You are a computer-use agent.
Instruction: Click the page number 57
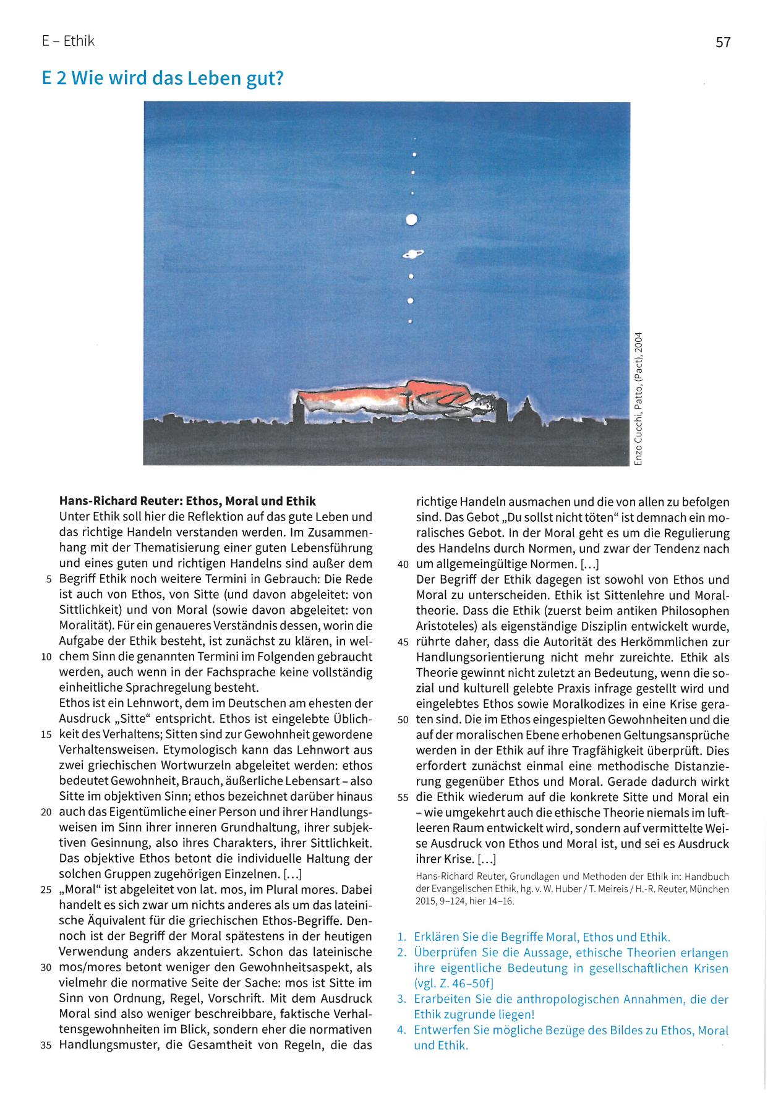(x=723, y=42)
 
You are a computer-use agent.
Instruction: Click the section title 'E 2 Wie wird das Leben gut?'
(x=162, y=79)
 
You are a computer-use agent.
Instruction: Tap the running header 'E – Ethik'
(x=68, y=41)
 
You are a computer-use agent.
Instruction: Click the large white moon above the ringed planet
(x=411, y=219)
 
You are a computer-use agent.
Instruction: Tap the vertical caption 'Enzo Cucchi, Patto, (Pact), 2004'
(x=639, y=399)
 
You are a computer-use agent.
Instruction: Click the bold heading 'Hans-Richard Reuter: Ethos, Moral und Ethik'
(x=187, y=501)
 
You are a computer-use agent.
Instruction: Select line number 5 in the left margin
(x=49, y=580)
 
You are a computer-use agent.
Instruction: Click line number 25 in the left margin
(x=46, y=890)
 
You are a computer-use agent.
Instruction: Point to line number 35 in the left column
(x=46, y=1046)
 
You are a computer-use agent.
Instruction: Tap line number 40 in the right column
(x=403, y=564)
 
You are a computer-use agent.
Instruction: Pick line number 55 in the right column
(x=403, y=797)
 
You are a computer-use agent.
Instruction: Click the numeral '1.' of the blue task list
(x=402, y=937)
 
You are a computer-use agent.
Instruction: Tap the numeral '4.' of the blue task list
(x=402, y=1030)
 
